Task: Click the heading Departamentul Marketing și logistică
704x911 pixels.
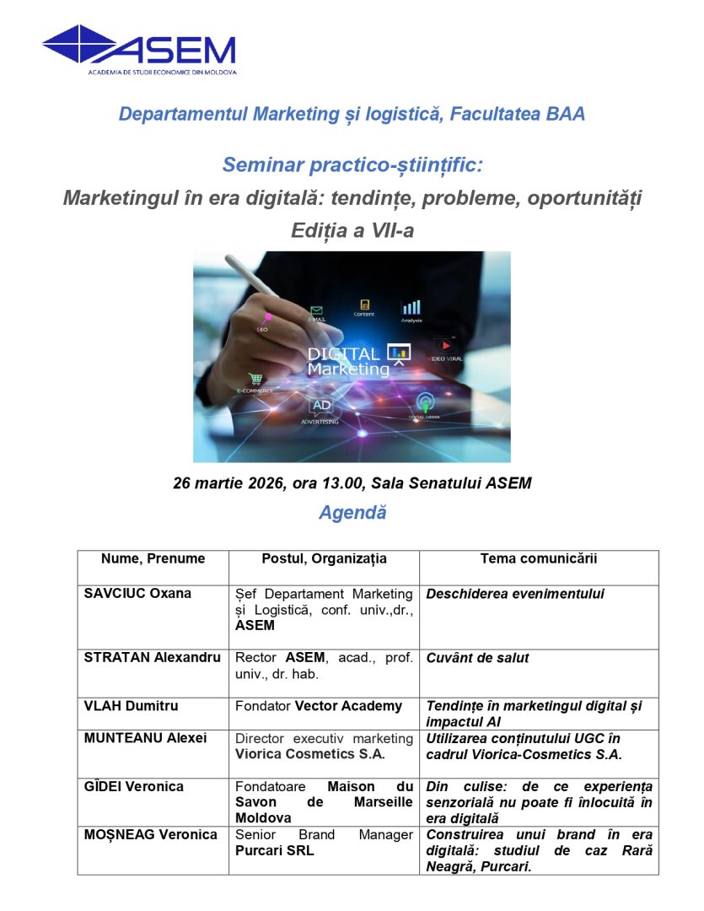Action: [352, 114]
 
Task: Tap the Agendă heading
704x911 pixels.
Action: [352, 512]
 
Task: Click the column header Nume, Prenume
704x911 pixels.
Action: [153, 558]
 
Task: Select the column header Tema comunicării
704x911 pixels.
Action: [539, 558]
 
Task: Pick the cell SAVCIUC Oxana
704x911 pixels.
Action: [137, 593]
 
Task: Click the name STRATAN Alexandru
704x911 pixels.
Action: [153, 657]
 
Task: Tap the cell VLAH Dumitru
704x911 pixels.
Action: [131, 705]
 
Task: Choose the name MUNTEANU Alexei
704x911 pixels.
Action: [145, 738]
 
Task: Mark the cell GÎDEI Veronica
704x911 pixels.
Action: [134, 786]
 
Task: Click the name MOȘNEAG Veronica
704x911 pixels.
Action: [151, 834]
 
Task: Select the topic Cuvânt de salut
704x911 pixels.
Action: [477, 657]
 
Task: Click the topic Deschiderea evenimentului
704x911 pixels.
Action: [515, 593]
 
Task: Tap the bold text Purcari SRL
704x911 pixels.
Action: [274, 850]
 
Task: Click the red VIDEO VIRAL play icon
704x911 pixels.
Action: [447, 345]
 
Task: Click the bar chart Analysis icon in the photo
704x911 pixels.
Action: [411, 308]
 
